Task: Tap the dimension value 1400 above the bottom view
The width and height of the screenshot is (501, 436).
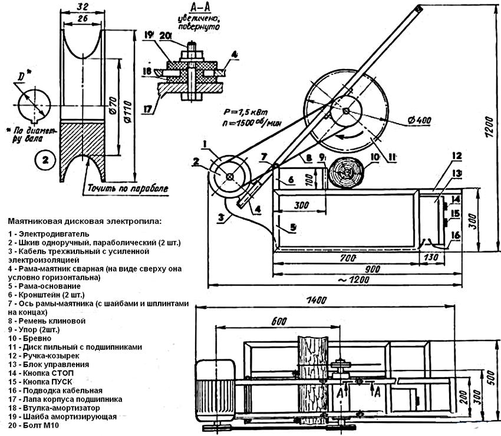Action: point(317,300)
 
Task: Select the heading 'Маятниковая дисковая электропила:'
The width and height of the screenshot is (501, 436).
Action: point(84,221)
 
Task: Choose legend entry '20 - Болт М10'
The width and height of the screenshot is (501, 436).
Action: point(37,425)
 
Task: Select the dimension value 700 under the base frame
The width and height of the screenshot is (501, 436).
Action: point(345,259)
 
